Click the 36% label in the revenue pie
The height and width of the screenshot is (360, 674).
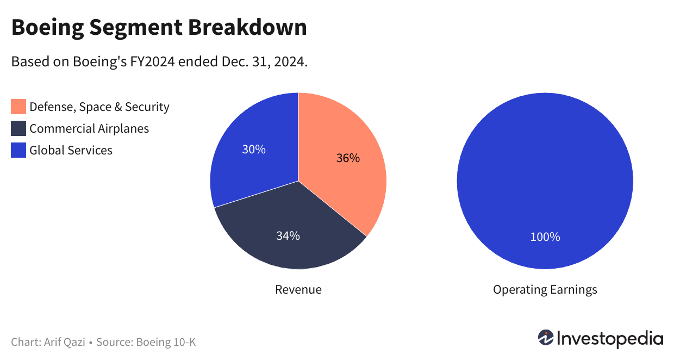pyautogui.click(x=348, y=158)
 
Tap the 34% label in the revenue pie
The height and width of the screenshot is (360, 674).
pyautogui.click(x=288, y=235)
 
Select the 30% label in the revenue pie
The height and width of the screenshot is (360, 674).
pyautogui.click(x=253, y=149)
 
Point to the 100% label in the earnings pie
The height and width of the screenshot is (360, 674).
pyautogui.click(x=545, y=237)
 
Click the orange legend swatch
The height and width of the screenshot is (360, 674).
pyautogui.click(x=18, y=107)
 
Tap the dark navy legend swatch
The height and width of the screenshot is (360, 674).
pyautogui.click(x=18, y=128)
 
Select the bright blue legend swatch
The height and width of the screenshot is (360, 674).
pyautogui.click(x=18, y=150)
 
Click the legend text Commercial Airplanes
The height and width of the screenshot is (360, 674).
pyautogui.click(x=89, y=128)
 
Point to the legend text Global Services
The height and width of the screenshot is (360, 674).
pyautogui.click(x=71, y=150)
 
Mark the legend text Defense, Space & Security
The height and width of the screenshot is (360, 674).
pyautogui.click(x=99, y=107)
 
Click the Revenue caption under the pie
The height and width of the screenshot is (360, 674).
pyautogui.click(x=298, y=289)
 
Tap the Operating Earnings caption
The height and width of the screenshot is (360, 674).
pyautogui.click(x=545, y=289)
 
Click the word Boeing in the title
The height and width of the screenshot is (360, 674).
pyautogui.click(x=45, y=27)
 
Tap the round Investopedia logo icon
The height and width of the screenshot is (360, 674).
pyautogui.click(x=546, y=338)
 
